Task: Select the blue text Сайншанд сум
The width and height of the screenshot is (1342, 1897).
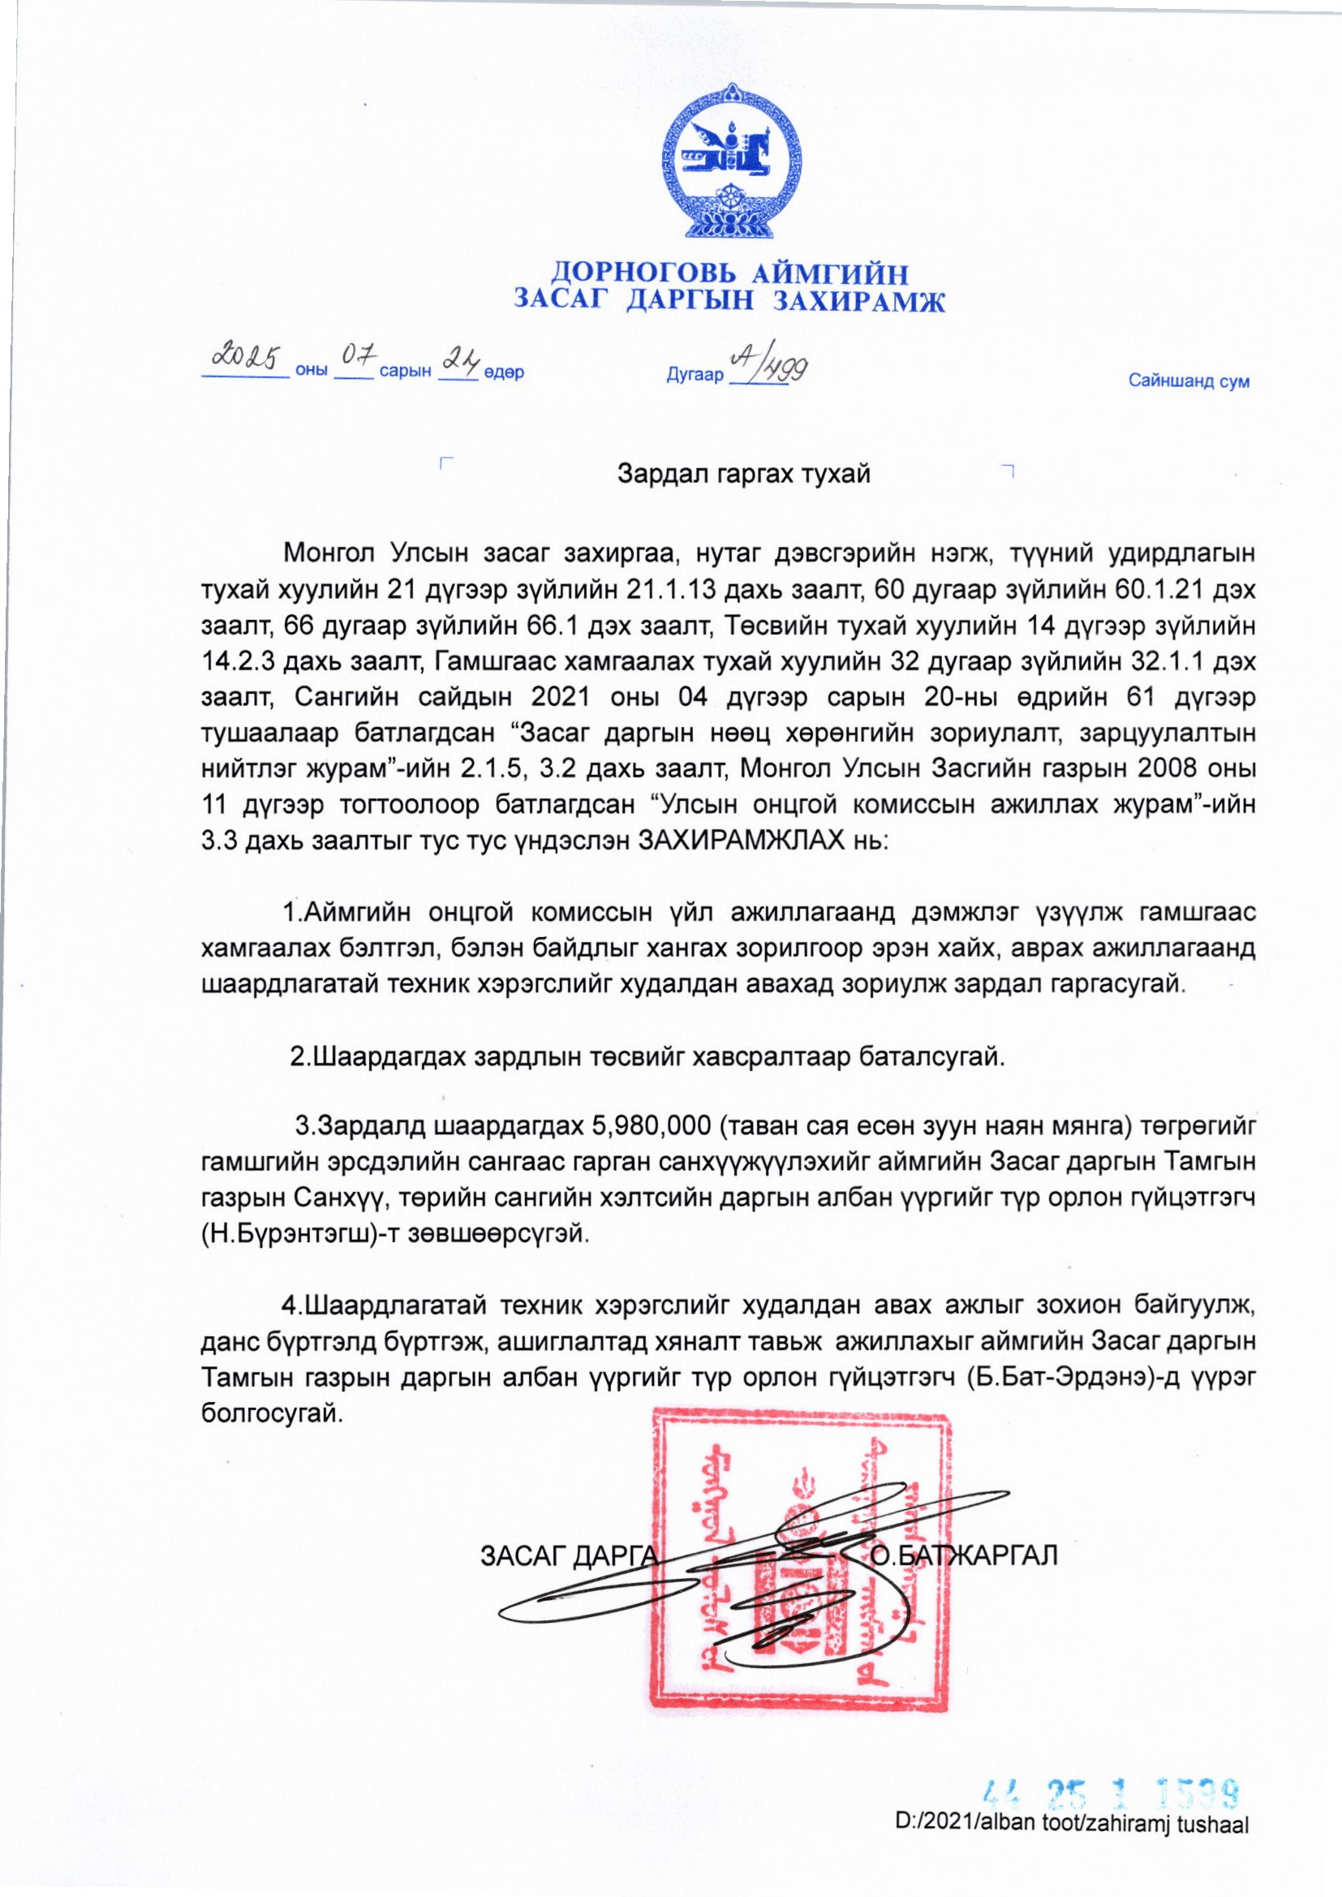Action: click(1189, 381)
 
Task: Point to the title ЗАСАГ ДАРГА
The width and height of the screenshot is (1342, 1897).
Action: click(569, 1555)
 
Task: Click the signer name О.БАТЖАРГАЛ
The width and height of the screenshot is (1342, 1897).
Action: click(965, 1555)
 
